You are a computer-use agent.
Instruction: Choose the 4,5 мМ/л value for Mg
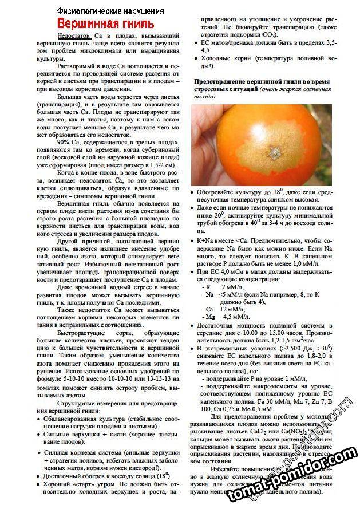[235, 317]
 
